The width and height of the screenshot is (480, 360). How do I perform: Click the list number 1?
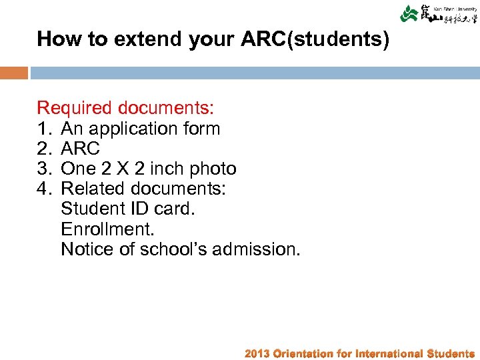(x=44, y=128)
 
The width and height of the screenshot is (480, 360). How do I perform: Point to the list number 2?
(x=44, y=148)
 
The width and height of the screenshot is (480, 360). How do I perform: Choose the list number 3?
(x=44, y=168)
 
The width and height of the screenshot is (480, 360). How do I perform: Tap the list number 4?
(x=44, y=189)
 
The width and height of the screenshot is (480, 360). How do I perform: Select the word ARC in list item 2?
(x=81, y=148)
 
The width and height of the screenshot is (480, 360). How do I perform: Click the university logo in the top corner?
(x=436, y=15)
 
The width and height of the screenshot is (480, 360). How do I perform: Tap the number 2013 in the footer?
(x=257, y=353)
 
